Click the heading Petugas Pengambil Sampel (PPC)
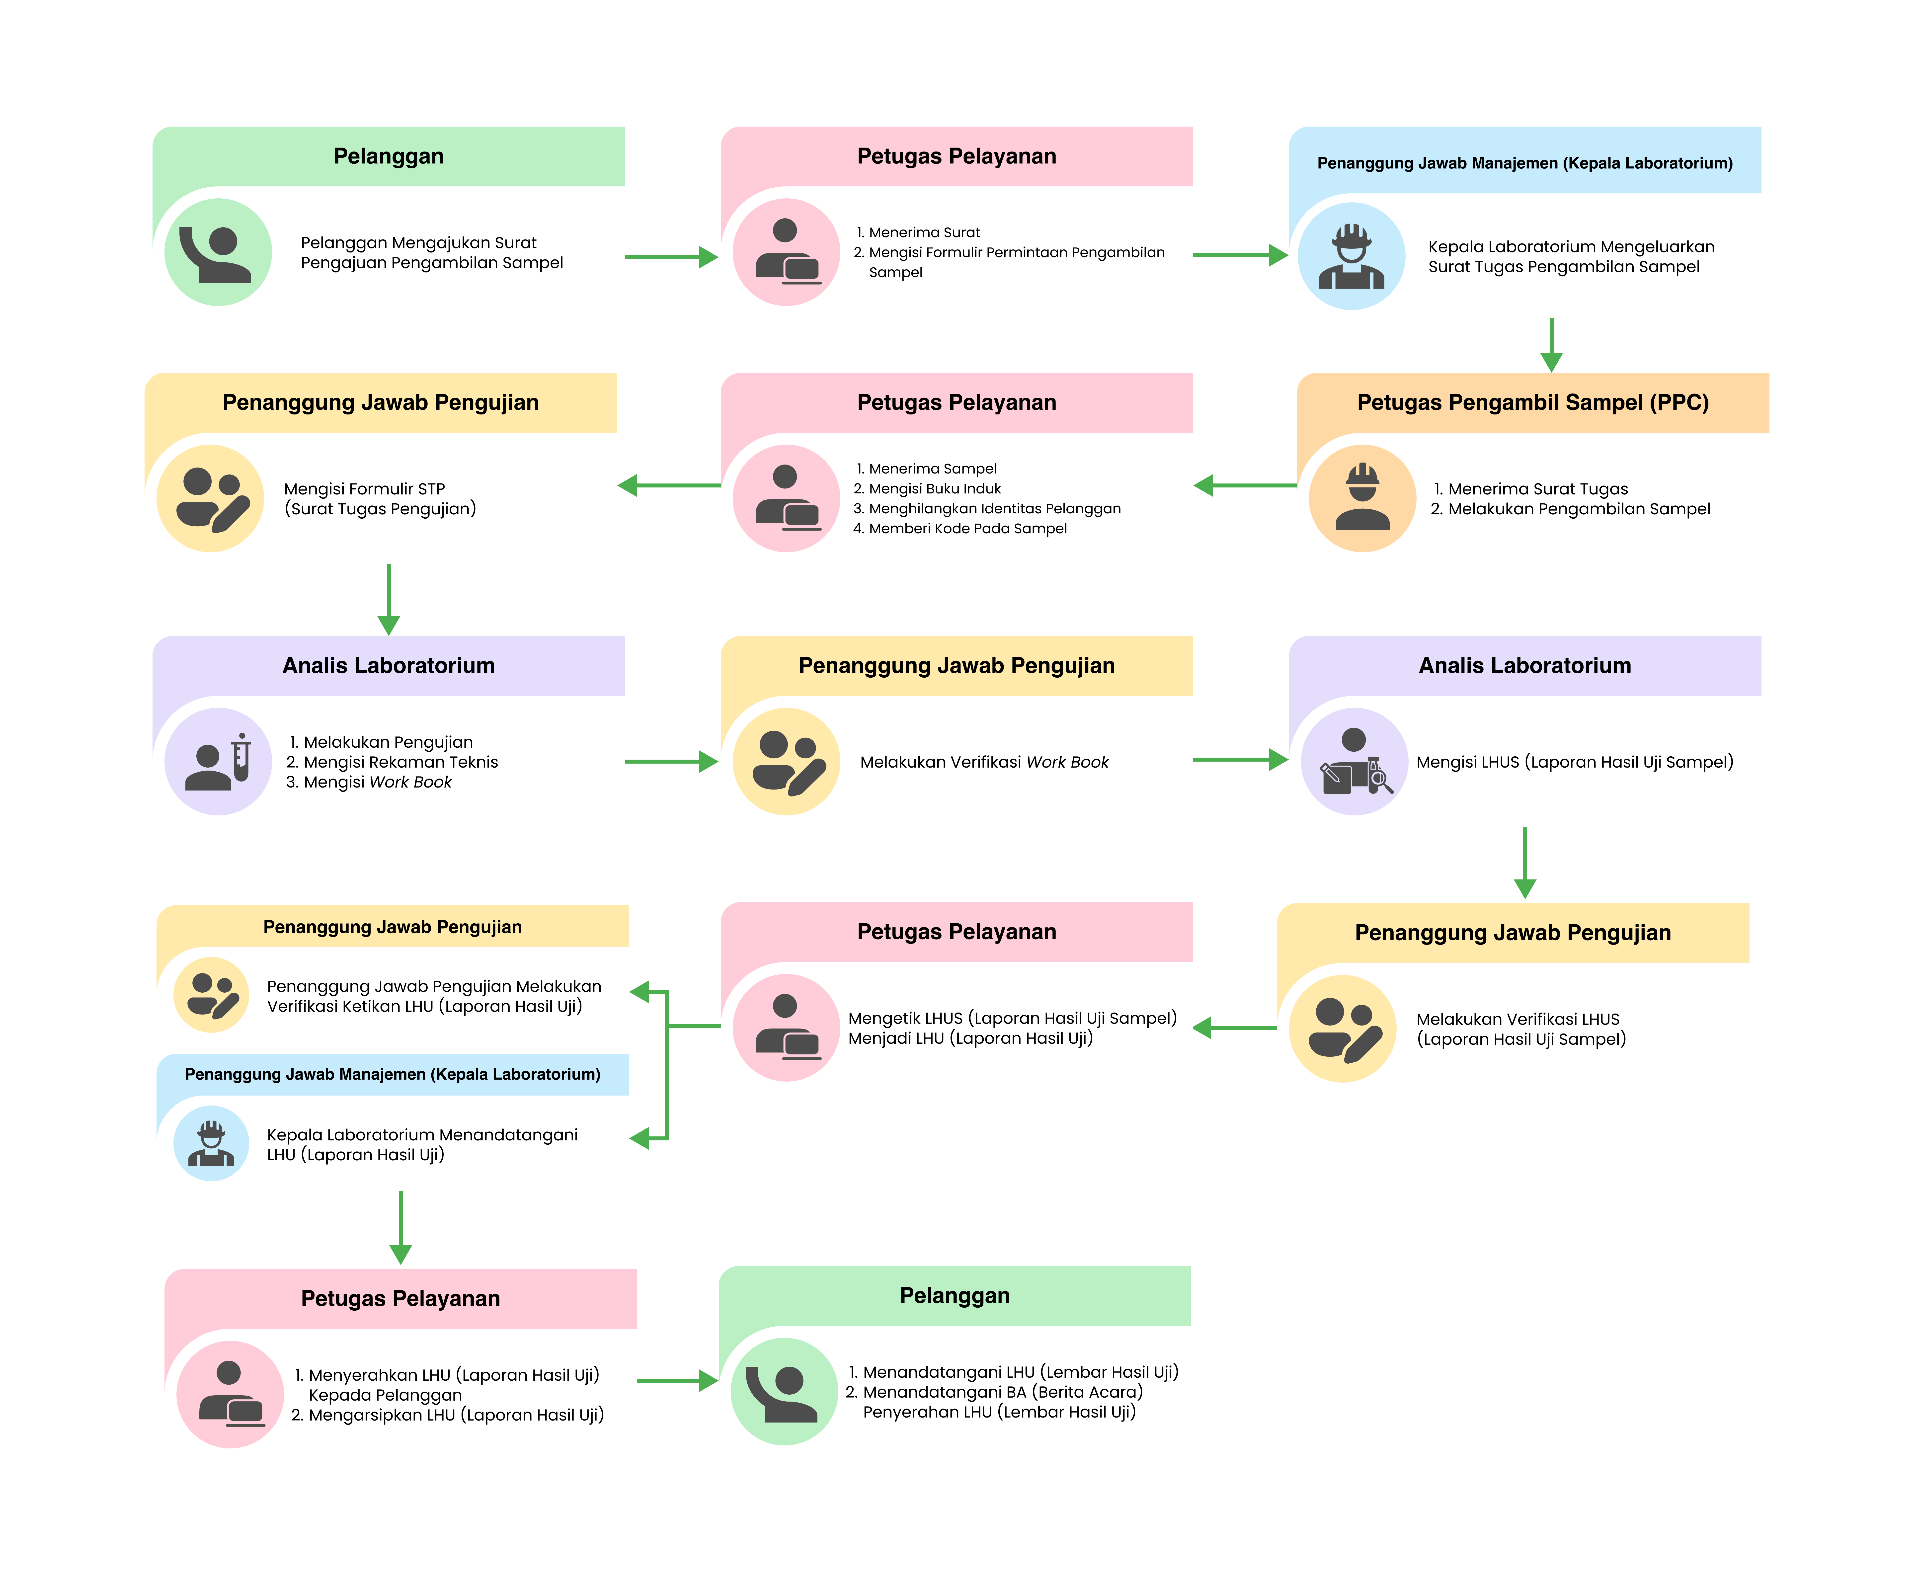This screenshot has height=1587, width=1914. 1532,402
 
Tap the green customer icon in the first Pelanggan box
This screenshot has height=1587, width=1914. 218,252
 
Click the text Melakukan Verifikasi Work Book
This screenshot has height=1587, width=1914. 984,762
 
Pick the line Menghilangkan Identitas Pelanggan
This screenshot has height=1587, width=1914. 993,509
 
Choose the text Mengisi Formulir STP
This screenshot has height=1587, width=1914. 365,489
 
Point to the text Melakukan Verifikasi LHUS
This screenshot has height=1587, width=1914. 1517,1019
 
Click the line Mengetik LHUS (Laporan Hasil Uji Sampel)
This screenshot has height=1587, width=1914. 1012,1018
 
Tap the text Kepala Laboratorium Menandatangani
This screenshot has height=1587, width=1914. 422,1135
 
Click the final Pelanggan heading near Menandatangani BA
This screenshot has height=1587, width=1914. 954,1295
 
